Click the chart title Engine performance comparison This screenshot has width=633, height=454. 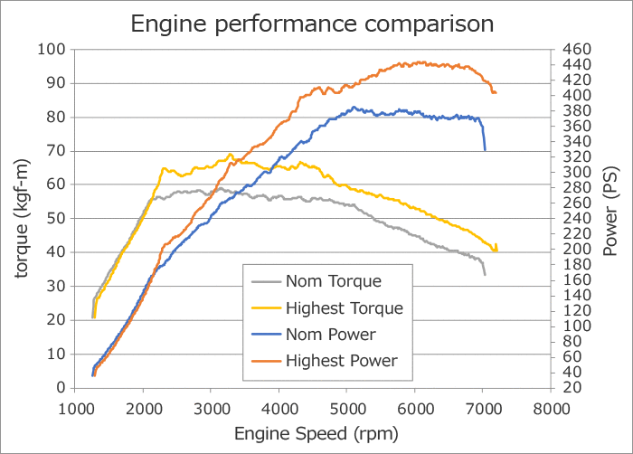point(312,23)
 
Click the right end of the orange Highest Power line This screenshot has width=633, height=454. point(495,92)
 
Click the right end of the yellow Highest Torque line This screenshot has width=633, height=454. point(496,250)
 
